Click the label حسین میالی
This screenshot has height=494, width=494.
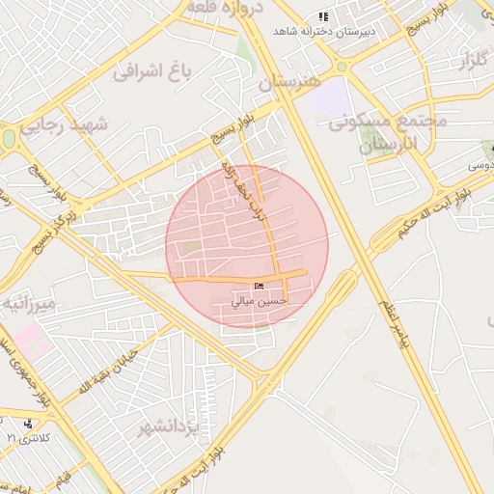259,300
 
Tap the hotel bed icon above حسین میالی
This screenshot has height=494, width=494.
259,287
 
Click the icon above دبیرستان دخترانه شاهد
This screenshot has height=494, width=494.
324,16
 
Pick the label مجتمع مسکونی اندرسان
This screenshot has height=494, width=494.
386,132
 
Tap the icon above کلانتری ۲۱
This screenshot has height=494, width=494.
28,424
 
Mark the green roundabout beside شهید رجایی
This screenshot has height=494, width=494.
9,138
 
